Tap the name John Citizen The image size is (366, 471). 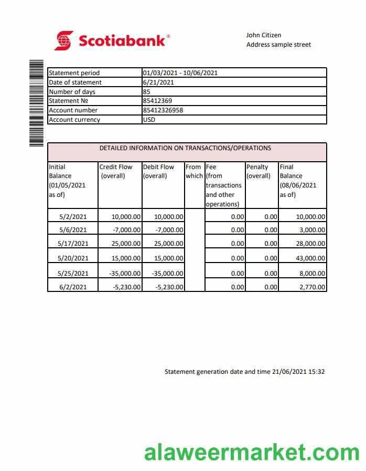(x=264, y=35)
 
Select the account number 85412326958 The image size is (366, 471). (x=163, y=110)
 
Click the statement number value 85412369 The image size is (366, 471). (x=157, y=101)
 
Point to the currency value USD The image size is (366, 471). (x=149, y=120)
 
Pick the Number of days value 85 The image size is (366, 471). (x=147, y=92)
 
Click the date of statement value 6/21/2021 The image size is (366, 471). (x=158, y=82)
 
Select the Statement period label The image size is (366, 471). (x=74, y=73)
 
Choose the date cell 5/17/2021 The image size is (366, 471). (x=73, y=244)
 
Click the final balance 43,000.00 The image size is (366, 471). (x=310, y=258)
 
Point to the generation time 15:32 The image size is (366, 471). (x=316, y=372)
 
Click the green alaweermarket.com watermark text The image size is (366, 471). (x=252, y=452)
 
